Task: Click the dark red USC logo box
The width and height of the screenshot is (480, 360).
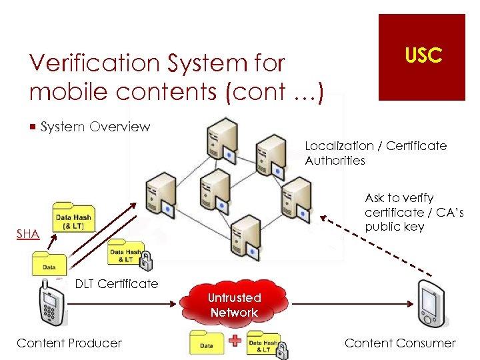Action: [421, 57]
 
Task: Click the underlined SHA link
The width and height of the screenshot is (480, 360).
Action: [27, 234]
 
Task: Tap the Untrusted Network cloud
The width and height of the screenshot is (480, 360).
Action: [233, 305]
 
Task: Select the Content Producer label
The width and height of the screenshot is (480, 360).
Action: [69, 343]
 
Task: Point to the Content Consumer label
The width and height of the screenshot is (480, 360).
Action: [400, 343]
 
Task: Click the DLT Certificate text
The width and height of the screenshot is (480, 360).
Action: [117, 284]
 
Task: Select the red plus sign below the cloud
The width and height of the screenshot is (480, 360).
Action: [235, 342]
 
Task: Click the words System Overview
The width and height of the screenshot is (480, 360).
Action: [95, 127]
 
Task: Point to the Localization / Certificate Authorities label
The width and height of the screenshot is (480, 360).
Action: [375, 153]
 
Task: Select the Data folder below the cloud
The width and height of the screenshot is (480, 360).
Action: [207, 343]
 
